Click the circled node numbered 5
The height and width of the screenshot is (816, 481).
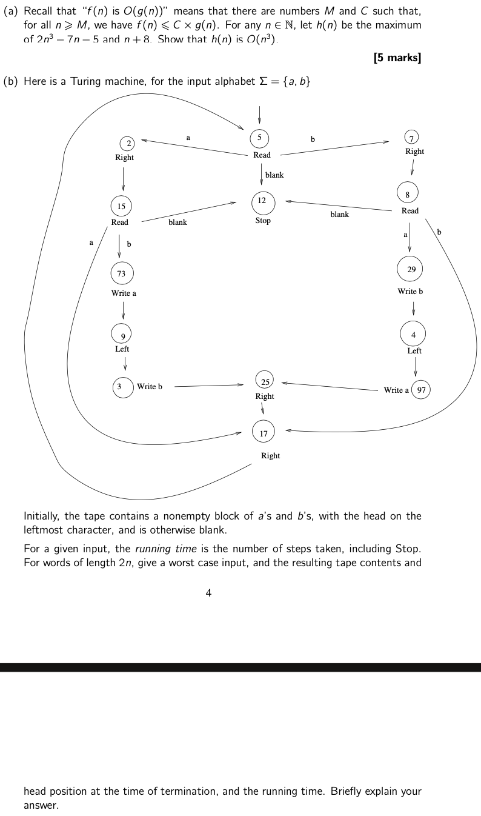coord(259,138)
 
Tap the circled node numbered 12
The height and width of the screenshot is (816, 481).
coord(262,201)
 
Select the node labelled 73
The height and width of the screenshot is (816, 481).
coord(121,273)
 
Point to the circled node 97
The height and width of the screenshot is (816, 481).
coord(421,390)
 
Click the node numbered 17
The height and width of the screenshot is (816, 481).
coord(263,433)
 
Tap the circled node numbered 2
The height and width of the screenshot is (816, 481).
coord(128,144)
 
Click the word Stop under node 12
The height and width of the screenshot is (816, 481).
coord(263,221)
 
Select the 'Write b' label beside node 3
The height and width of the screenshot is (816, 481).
coord(150,386)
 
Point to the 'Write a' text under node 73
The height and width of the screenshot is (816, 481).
coord(124,293)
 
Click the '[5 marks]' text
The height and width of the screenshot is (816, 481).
coord(397,58)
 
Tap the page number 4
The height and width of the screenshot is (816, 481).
coord(208,594)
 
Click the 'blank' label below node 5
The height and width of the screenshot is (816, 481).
coord(274,175)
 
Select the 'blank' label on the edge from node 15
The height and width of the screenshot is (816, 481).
coord(177,222)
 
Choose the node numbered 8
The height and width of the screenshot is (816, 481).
coord(407,195)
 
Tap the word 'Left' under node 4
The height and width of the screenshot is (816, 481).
coord(414,350)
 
